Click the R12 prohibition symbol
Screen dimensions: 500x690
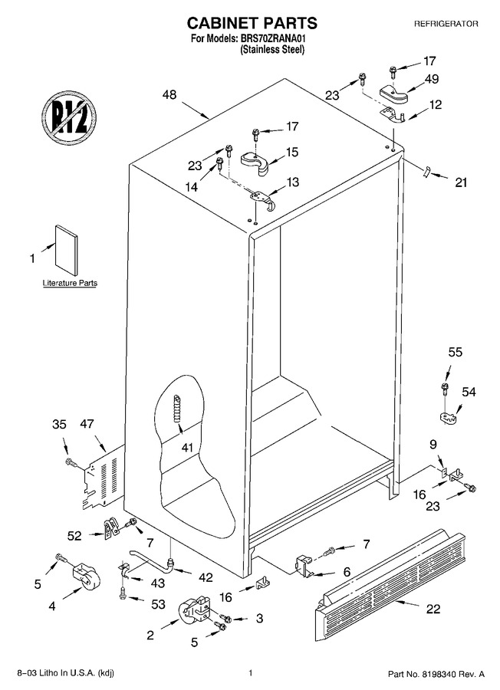(x=70, y=117)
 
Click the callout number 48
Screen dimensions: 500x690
(x=169, y=94)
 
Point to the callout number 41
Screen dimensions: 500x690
(x=187, y=448)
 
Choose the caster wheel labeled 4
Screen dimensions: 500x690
(x=84, y=577)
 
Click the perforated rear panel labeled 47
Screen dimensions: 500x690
(x=101, y=478)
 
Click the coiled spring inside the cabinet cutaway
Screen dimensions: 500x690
(x=177, y=409)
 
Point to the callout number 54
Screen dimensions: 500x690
(x=469, y=391)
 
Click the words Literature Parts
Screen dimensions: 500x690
(x=70, y=283)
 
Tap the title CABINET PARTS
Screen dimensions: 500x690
(x=252, y=22)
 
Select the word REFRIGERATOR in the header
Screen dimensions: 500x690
(x=446, y=24)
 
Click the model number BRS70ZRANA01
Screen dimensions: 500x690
(x=272, y=39)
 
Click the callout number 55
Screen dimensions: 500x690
(x=456, y=352)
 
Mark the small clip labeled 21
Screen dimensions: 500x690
(x=426, y=172)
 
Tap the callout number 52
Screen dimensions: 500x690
(x=74, y=536)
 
